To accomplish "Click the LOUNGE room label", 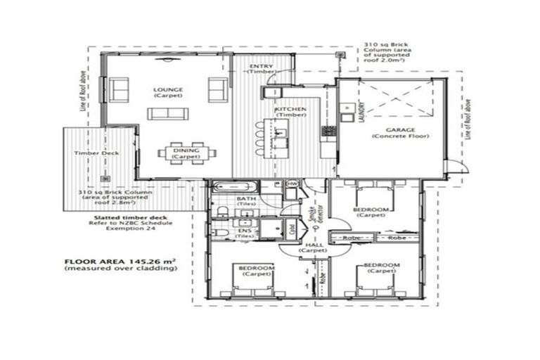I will [168, 90].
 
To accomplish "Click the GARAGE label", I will [400, 130].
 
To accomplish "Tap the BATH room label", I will [246, 200].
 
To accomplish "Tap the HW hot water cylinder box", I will [293, 184].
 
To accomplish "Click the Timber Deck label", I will [96, 153].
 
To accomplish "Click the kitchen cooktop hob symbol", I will [328, 131].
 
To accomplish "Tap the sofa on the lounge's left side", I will [119, 90].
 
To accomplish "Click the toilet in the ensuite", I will [219, 232].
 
